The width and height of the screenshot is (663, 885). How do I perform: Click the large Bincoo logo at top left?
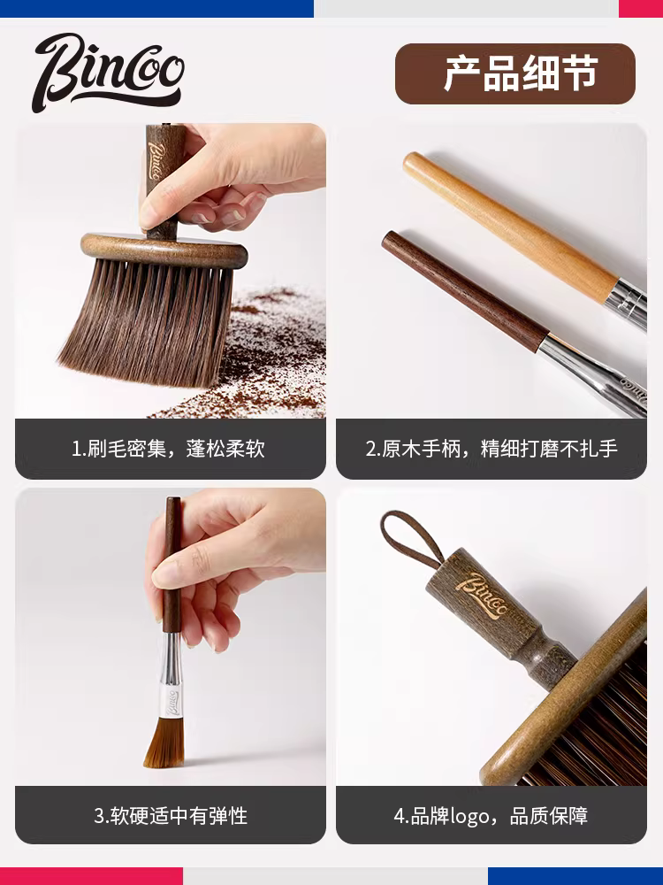[x=108, y=71]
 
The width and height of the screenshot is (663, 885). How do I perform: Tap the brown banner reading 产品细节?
[x=514, y=74]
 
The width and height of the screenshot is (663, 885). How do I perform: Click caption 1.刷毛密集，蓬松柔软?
[x=170, y=449]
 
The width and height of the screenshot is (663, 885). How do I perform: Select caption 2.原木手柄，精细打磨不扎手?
[x=492, y=449]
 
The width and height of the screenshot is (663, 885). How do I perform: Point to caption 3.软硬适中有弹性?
[x=170, y=815]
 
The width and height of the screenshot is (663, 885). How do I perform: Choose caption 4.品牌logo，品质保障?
[x=492, y=815]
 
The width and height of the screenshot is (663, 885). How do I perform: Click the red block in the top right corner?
[x=640, y=8]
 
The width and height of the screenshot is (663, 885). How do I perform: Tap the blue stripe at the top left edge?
[x=156, y=8]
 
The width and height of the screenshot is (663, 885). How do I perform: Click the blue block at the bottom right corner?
[x=575, y=876]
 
